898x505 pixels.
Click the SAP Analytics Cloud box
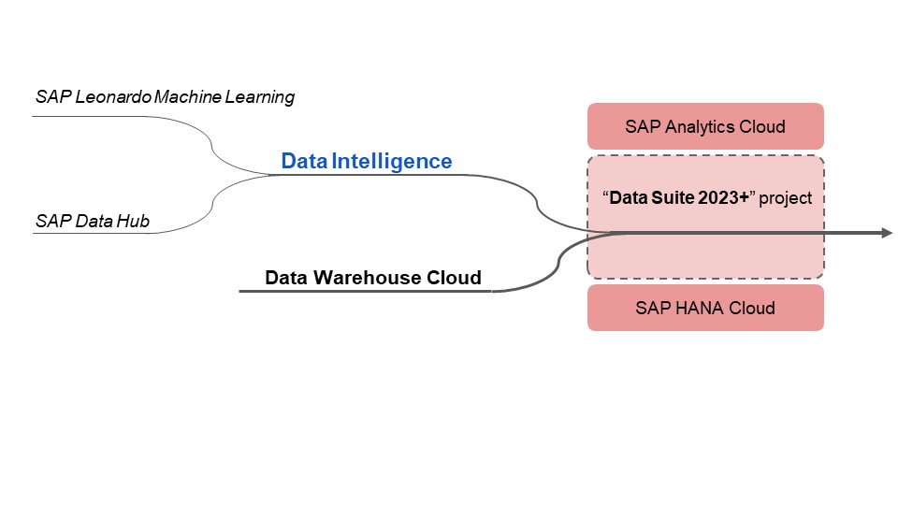(705, 126)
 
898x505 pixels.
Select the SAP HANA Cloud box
(705, 308)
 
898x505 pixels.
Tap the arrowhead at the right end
(886, 232)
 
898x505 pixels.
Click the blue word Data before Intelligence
(304, 161)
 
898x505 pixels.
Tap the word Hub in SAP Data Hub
(135, 222)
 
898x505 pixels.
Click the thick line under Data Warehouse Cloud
(365, 292)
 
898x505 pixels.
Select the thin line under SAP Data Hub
(94, 233)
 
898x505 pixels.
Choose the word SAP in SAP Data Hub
(51, 222)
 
